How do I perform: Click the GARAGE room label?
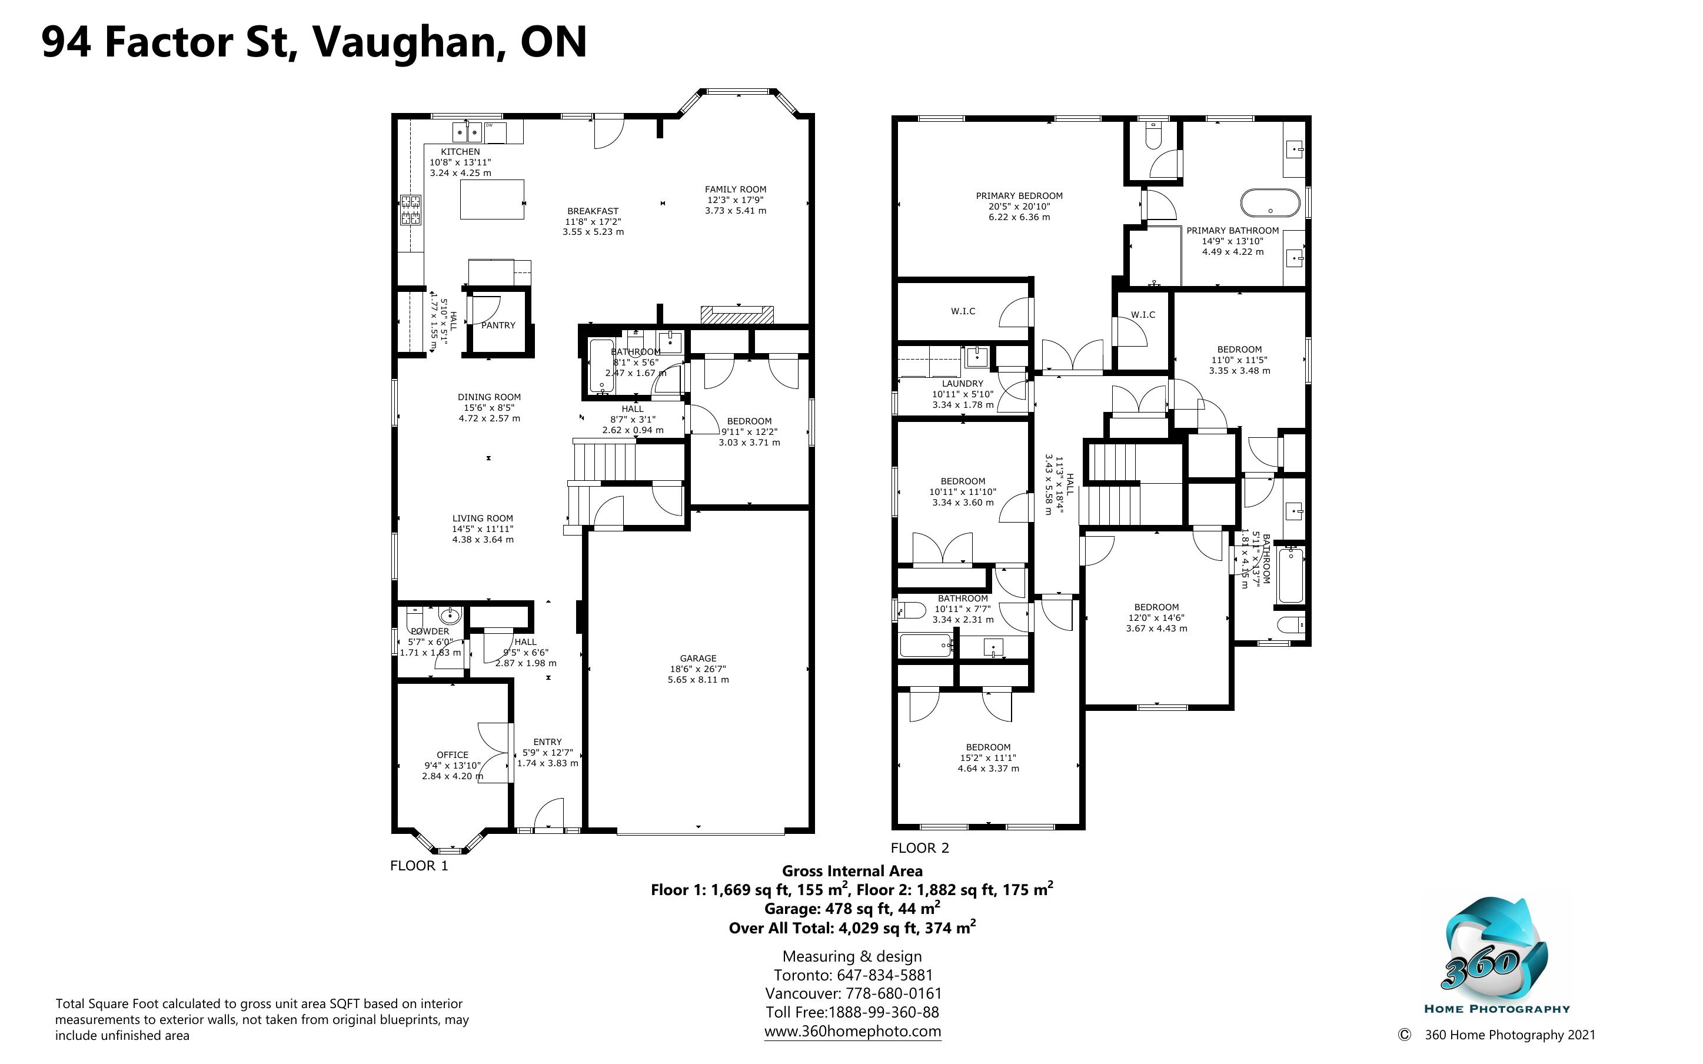[698, 659]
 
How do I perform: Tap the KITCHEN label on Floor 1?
[460, 152]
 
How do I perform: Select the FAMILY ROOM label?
[736, 189]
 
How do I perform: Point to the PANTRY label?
[498, 325]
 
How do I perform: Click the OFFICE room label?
[453, 755]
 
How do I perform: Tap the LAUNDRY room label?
[962, 384]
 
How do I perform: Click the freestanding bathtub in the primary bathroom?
[1270, 202]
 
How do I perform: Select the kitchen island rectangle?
[493, 199]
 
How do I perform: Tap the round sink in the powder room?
[450, 616]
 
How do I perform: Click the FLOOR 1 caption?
[419, 866]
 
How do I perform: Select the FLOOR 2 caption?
[920, 848]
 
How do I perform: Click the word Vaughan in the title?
[407, 42]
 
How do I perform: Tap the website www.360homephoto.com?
[853, 1031]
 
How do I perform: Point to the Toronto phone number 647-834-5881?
[884, 975]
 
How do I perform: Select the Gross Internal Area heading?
[853, 871]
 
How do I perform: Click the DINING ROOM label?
[490, 397]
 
